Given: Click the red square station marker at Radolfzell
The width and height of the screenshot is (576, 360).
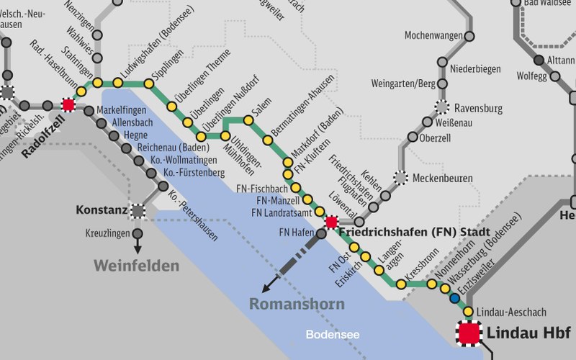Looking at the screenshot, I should click(68, 105).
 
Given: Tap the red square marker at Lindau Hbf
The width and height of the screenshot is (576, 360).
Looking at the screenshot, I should click(469, 333).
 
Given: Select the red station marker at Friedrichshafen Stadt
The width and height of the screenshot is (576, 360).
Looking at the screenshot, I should click(331, 222).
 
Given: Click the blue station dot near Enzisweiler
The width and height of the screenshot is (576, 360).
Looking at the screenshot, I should click(454, 298).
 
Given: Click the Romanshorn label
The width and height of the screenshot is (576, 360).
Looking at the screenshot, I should click(297, 304).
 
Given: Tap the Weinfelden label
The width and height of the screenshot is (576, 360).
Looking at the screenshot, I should click(135, 266).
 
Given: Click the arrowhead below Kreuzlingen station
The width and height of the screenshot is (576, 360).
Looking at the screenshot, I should click(137, 250).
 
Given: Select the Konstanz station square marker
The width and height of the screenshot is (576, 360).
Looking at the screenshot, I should click(137, 211).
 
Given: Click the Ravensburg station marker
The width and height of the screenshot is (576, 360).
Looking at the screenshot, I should click(442, 109).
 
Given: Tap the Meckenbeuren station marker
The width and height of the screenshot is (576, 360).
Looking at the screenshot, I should click(400, 177).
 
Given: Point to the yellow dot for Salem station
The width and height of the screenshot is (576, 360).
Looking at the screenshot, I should click(248, 121).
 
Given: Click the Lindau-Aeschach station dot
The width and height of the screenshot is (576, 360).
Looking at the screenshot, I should click(468, 311).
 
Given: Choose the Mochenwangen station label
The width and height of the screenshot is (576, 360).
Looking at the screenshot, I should click(433, 35).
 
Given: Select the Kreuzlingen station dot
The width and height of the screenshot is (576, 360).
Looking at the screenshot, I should click(137, 233).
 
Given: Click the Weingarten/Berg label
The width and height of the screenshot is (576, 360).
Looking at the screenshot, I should click(403, 84).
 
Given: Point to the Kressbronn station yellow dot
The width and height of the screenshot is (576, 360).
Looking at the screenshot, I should click(401, 284).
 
